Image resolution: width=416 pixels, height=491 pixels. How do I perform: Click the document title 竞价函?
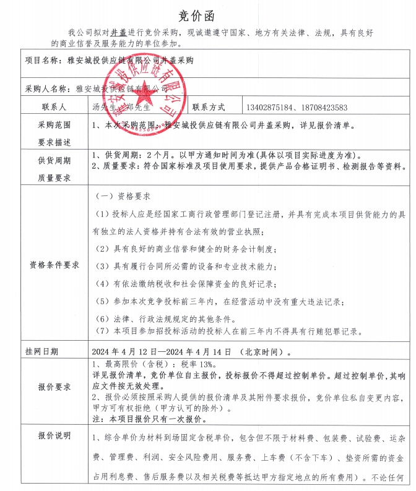[x=208, y=14]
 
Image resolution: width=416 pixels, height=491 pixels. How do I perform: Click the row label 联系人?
[x=54, y=107]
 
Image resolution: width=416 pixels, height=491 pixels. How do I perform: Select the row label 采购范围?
[x=54, y=125]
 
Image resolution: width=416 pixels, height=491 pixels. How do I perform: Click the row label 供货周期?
[x=54, y=160]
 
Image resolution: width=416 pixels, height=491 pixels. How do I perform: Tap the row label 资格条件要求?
[x=54, y=264]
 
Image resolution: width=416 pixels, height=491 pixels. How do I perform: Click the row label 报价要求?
[x=54, y=387]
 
